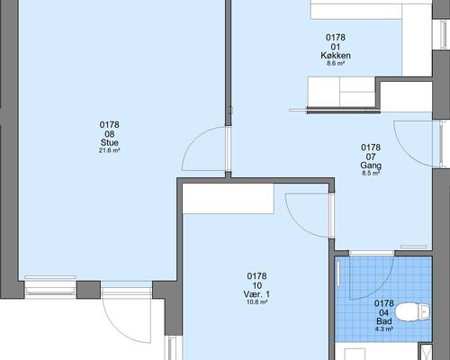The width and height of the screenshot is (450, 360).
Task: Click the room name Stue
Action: click(x=110, y=142)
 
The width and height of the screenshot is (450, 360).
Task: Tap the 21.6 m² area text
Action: click(x=110, y=150)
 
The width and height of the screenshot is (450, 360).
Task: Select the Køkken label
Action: click(x=336, y=56)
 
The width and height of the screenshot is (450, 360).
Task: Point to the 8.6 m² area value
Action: click(x=336, y=63)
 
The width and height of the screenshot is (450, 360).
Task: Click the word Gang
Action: click(x=371, y=166)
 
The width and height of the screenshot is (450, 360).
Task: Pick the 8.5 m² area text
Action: click(x=371, y=173)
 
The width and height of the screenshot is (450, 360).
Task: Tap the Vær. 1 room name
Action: click(x=256, y=294)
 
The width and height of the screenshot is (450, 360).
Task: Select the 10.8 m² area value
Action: click(x=256, y=302)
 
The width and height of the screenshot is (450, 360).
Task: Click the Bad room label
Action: click(x=384, y=321)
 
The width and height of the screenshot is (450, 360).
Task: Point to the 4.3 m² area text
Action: click(x=384, y=329)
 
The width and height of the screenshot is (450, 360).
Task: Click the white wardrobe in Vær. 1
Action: click(x=229, y=199)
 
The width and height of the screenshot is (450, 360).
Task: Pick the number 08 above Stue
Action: click(x=110, y=134)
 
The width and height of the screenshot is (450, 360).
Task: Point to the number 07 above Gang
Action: click(x=371, y=157)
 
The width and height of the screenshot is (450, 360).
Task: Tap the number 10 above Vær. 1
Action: click(x=256, y=285)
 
